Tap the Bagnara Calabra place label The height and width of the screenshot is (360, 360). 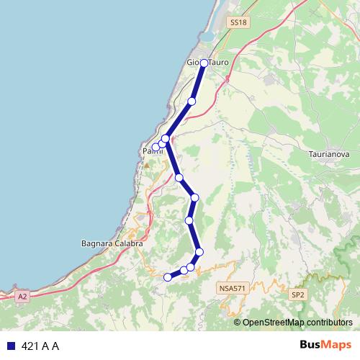click(113, 244)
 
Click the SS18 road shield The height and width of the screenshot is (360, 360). click(238, 23)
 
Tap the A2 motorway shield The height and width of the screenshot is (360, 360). click(22, 296)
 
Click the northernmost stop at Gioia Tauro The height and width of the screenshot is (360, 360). click(204, 63)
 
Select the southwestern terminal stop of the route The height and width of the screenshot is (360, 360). click(168, 277)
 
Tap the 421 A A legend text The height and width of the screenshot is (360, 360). click(40, 346)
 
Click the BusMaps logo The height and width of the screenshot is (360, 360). click(322, 346)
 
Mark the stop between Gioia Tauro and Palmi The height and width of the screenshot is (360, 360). click(192, 102)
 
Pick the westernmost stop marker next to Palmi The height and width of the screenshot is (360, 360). click(156, 147)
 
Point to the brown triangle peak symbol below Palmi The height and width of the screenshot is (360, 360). click(147, 165)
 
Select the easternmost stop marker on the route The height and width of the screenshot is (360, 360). click(199, 251)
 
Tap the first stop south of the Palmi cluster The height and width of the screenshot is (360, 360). click(179, 177)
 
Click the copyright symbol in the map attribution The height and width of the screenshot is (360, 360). click(238, 322)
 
